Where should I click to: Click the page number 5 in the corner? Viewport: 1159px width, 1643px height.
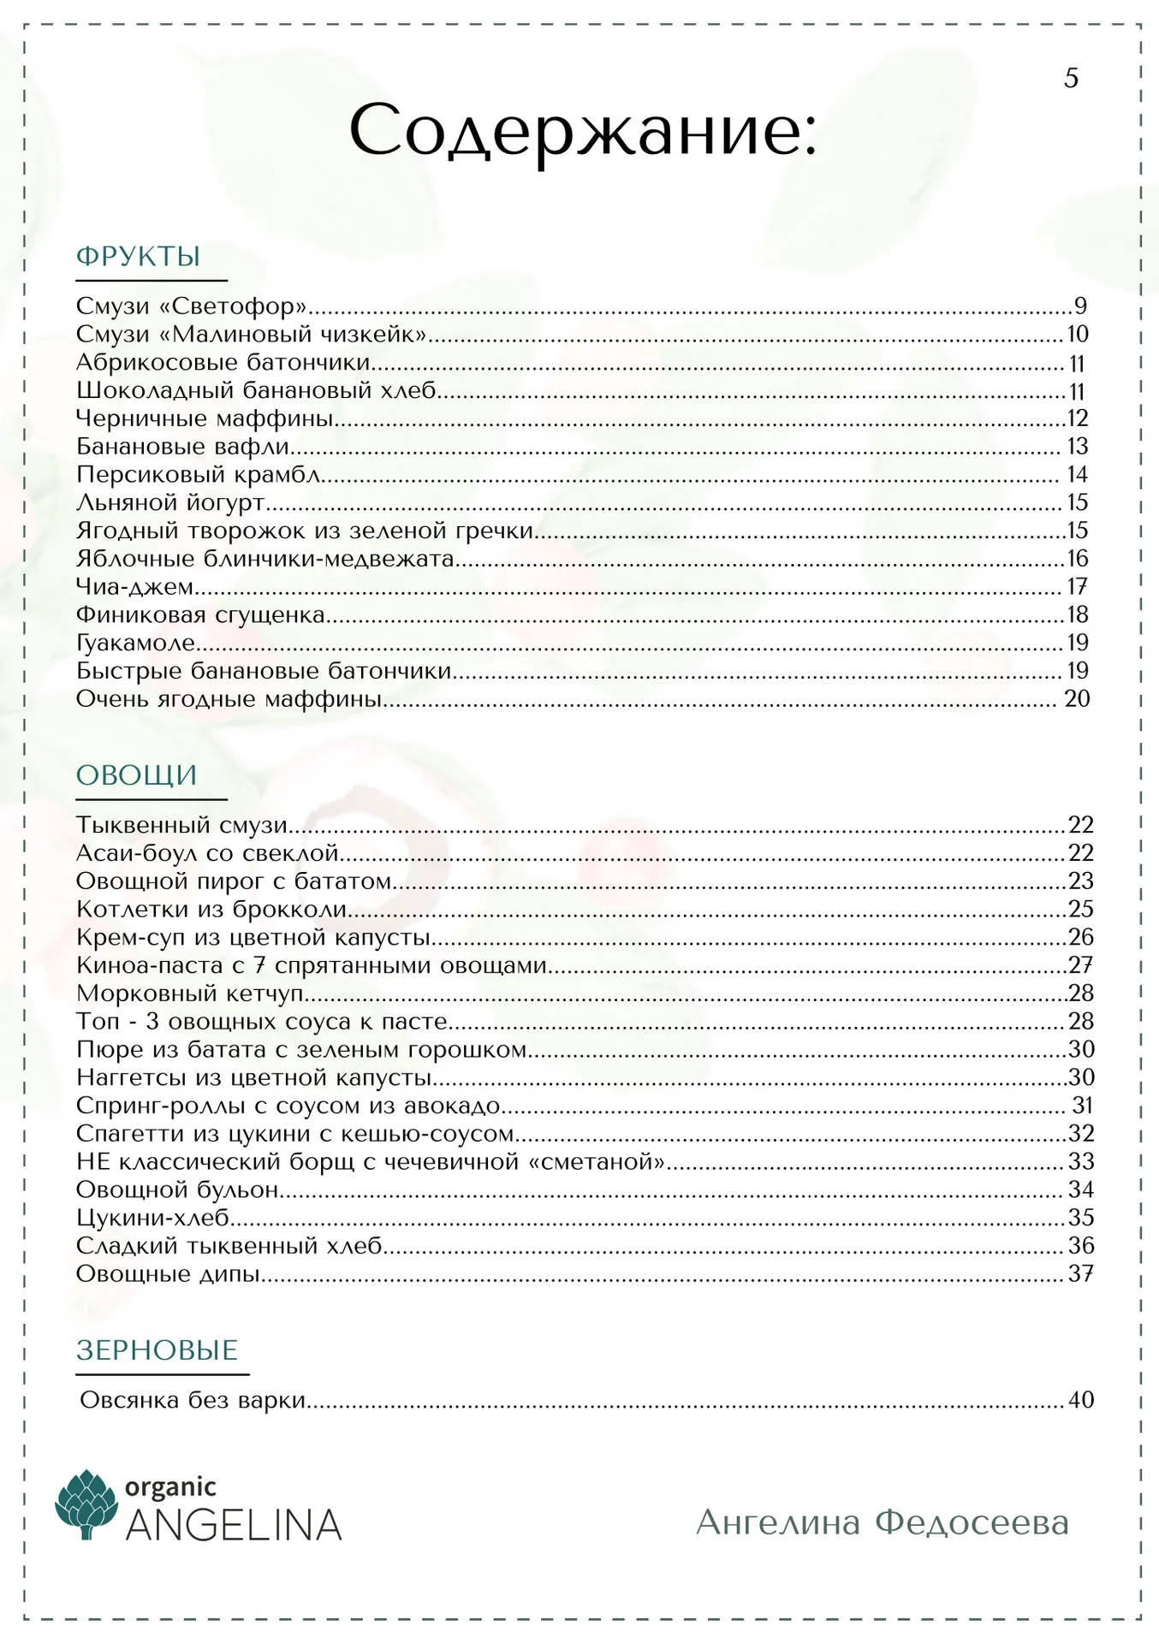click(x=1071, y=79)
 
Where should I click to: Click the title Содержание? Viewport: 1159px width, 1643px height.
click(x=583, y=131)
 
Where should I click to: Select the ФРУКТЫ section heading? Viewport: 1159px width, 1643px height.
click(x=139, y=256)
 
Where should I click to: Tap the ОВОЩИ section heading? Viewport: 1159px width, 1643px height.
click(x=137, y=775)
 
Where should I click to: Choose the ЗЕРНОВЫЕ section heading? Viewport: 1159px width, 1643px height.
click(x=157, y=1350)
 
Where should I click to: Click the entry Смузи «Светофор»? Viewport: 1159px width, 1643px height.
click(x=192, y=305)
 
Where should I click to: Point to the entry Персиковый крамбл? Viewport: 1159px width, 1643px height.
click(x=199, y=474)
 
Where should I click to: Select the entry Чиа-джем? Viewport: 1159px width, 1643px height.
click(x=134, y=587)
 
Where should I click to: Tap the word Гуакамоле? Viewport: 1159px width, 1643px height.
click(x=136, y=643)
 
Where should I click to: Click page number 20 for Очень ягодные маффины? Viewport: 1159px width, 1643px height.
click(x=1077, y=699)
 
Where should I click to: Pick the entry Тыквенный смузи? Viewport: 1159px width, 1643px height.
click(x=181, y=825)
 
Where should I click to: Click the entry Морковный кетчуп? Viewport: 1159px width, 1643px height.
click(x=190, y=994)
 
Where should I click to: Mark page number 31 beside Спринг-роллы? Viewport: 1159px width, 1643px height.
click(x=1083, y=1106)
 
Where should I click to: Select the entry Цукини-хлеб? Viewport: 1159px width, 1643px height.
click(x=153, y=1218)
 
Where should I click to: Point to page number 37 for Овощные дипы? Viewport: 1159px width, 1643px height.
click(x=1081, y=1274)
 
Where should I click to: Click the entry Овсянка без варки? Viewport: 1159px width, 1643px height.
click(x=193, y=1400)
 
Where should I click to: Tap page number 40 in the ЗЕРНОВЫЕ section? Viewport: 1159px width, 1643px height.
click(x=1081, y=1400)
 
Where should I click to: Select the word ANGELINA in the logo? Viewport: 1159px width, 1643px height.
click(x=234, y=1526)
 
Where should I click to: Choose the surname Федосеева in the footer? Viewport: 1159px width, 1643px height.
click(x=972, y=1523)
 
